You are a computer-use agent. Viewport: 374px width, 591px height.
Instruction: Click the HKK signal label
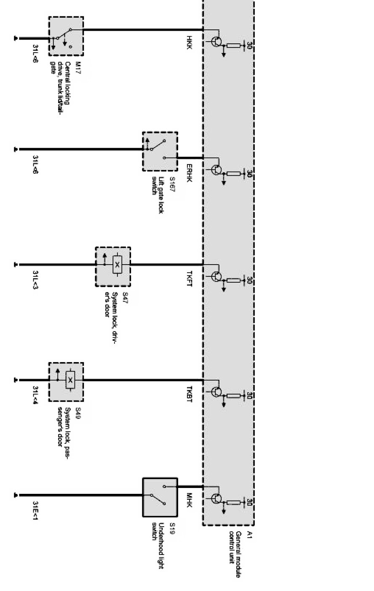coord(189,42)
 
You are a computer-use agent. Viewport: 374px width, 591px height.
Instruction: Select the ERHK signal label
coord(189,172)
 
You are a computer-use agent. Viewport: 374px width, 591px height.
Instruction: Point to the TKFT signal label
coord(189,279)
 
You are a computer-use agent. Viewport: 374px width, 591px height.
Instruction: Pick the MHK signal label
coord(189,500)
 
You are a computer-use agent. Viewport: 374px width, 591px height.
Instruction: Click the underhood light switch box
coord(160,497)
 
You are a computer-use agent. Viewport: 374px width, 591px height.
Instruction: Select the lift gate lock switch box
coord(160,151)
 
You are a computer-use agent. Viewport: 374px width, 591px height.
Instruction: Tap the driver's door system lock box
coord(113,267)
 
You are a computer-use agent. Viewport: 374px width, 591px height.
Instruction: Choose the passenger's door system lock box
coord(66,382)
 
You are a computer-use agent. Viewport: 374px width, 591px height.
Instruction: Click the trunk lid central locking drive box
coord(66,36)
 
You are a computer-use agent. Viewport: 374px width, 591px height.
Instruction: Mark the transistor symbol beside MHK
coord(216,499)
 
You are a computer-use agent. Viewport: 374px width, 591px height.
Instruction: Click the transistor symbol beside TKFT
coord(216,277)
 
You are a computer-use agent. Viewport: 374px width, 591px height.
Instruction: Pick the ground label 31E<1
coord(35,510)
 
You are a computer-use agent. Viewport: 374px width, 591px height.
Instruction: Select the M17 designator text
coord(77,68)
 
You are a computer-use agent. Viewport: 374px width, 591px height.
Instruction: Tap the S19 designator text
coord(172,528)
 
